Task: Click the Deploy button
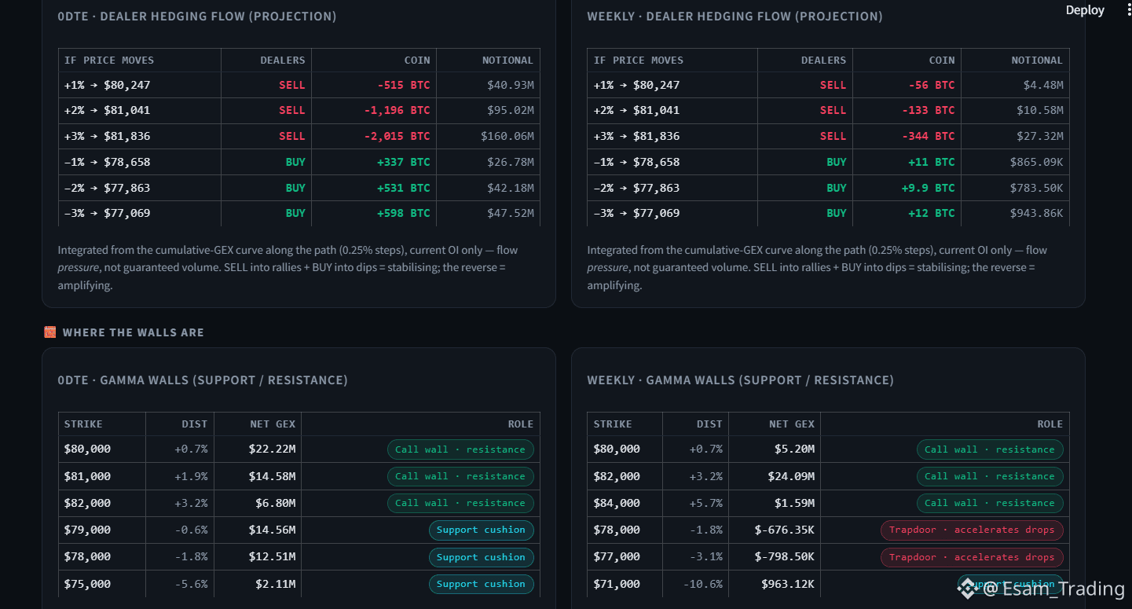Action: tap(1085, 11)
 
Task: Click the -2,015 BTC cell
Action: tap(397, 137)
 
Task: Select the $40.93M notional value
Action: tap(510, 85)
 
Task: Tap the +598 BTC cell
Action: tap(403, 213)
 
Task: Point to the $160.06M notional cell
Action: tap(507, 137)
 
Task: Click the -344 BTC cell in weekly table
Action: tap(929, 137)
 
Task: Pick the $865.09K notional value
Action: tap(1036, 162)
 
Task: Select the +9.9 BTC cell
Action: tap(929, 188)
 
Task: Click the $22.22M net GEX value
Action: tap(272, 449)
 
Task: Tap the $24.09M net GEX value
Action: tap(791, 476)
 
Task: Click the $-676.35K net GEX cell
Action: tap(784, 530)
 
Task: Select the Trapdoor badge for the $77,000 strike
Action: tap(972, 557)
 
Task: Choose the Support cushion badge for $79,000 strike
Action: tap(481, 530)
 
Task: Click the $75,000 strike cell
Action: tap(87, 584)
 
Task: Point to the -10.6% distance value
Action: tap(702, 584)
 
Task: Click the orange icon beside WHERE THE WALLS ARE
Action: tap(50, 332)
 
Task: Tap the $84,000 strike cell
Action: tap(617, 504)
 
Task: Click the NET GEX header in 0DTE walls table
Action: tap(273, 424)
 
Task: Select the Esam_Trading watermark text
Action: tap(1053, 589)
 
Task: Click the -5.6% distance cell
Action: tap(191, 584)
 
